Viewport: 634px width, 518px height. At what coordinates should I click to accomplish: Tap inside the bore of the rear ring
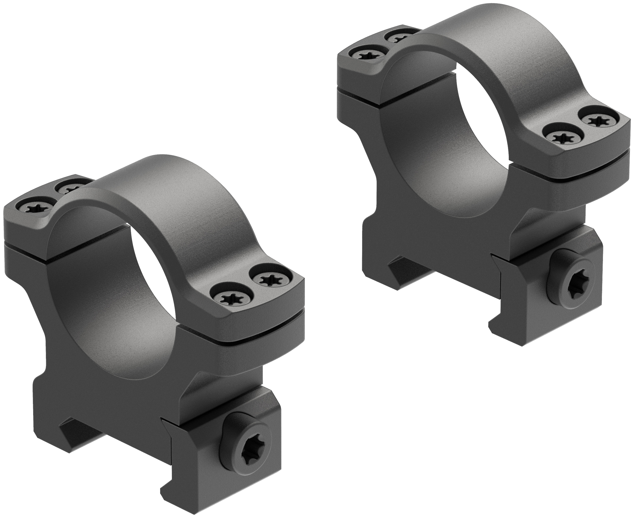448,149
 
